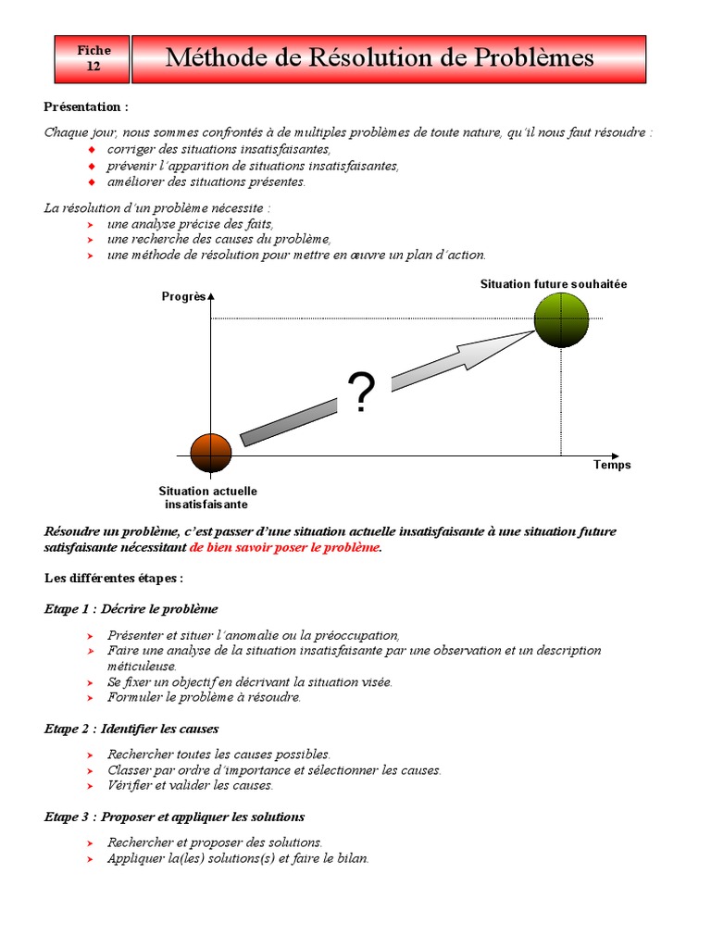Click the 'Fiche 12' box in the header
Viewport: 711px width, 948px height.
tap(93, 59)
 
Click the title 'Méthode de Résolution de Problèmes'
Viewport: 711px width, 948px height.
tap(380, 58)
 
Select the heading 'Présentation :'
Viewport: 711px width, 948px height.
tap(86, 107)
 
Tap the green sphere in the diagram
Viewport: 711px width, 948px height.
tap(561, 319)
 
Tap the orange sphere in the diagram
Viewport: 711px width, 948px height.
tap(211, 452)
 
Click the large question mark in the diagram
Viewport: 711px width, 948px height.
tap(361, 393)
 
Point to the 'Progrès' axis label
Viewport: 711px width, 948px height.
tap(182, 297)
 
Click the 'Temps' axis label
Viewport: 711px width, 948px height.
tap(612, 465)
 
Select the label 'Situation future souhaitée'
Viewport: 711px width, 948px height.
tap(553, 284)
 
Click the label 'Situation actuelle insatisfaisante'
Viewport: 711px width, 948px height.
tap(207, 498)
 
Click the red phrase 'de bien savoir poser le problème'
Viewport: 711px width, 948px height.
tap(285, 547)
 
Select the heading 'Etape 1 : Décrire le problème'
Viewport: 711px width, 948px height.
tap(131, 609)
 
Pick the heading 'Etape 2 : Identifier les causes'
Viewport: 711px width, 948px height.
tap(131, 730)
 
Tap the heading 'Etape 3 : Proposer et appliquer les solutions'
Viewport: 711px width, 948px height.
tap(174, 817)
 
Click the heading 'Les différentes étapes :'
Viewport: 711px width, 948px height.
tap(114, 579)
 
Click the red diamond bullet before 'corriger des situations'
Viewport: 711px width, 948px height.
tap(91, 150)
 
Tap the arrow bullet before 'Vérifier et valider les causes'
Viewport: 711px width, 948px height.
tap(90, 787)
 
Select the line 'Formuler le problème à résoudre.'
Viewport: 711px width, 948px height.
tap(204, 697)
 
